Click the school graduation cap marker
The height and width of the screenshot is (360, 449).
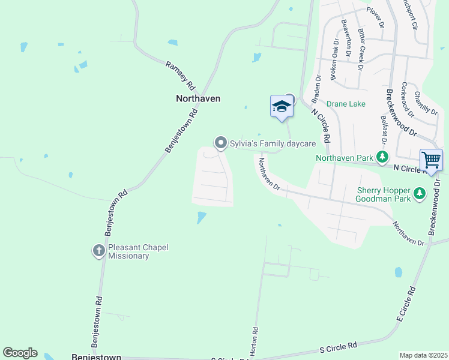click(282, 107)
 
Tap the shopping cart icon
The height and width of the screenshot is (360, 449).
click(431, 160)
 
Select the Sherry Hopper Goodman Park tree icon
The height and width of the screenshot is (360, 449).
click(420, 193)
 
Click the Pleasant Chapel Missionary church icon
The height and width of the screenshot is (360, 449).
click(99, 251)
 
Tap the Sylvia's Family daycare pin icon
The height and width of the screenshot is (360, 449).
click(220, 143)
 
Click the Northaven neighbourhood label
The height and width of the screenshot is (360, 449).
click(198, 98)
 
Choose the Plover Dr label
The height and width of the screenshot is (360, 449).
click(375, 18)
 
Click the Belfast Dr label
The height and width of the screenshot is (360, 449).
click(382, 131)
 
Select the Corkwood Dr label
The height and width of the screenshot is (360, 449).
click(408, 99)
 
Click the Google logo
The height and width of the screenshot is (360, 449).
click(20, 353)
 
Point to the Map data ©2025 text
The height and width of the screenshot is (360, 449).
click(423, 355)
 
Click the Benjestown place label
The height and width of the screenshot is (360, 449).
click(97, 356)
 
